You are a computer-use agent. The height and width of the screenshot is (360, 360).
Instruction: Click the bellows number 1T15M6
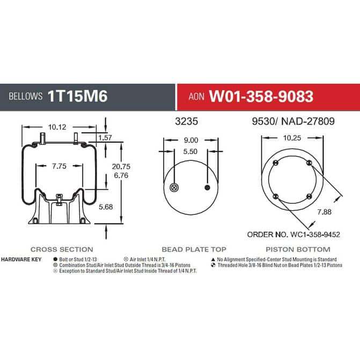(x=78, y=96)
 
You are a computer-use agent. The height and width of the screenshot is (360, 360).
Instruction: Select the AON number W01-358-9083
(x=261, y=96)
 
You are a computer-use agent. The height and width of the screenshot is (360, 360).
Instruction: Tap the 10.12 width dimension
(x=57, y=127)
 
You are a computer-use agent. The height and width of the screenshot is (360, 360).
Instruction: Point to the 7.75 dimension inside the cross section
(x=59, y=166)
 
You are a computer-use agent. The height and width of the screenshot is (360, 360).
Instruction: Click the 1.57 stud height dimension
(x=105, y=137)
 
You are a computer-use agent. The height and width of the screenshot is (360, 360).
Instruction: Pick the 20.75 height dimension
(x=121, y=166)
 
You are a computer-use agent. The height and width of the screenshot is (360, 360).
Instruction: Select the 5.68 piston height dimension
(x=106, y=207)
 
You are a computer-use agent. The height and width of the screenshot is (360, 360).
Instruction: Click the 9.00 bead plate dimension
(x=191, y=140)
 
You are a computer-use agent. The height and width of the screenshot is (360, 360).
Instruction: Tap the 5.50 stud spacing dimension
(x=190, y=151)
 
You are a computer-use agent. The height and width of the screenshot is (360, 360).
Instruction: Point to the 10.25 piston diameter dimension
(x=292, y=138)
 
